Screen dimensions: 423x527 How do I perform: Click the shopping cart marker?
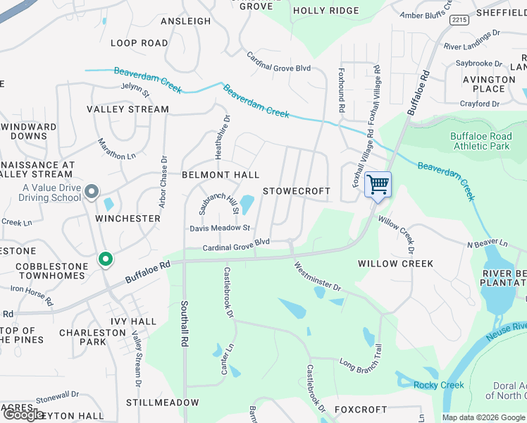point(378,185)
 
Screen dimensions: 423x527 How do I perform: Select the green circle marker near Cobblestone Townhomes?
point(106,260)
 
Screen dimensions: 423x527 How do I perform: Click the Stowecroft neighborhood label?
point(297,191)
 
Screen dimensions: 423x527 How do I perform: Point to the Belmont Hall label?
point(221,175)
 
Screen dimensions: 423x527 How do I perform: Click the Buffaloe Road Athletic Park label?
point(480,141)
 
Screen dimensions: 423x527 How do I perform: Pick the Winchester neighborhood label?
point(128,219)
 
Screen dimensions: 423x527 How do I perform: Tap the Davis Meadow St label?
point(220,228)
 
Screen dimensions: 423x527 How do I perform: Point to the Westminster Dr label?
point(317,277)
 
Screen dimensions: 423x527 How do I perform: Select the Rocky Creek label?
point(439,385)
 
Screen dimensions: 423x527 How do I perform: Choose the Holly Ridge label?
point(325,11)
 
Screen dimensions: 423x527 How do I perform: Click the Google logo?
point(23,414)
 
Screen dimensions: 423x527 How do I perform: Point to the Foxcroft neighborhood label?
point(361,410)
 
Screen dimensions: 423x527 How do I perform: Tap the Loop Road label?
point(139,43)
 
